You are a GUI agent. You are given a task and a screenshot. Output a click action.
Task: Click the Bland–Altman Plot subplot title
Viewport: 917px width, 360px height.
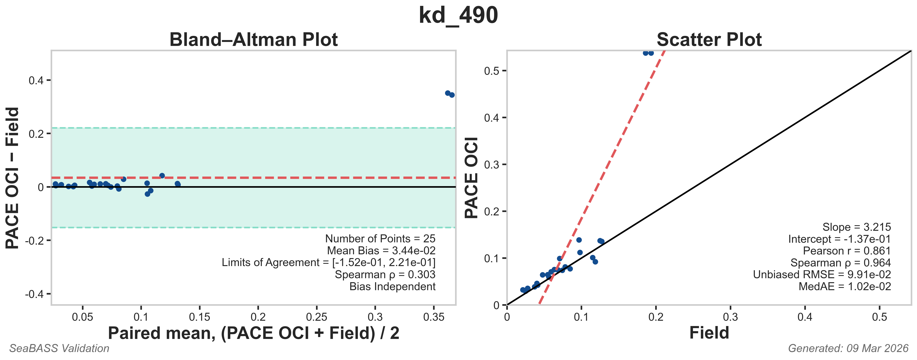253,39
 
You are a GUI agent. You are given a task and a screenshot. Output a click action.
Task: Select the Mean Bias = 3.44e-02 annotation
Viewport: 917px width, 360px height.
381,251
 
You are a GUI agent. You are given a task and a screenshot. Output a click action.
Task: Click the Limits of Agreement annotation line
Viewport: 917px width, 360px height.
328,262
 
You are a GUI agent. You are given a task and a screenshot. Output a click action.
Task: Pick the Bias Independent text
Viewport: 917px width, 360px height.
392,286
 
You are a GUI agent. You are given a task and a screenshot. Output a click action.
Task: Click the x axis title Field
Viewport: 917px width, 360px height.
709,333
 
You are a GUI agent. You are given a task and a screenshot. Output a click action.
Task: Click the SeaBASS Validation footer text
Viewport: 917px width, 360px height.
59,348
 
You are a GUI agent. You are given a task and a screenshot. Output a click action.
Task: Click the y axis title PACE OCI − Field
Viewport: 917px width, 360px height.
13,178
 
